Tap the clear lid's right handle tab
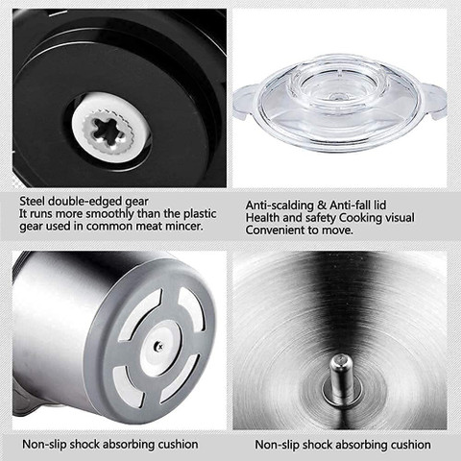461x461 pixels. coord(434,101)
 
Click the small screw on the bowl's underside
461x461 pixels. coord(158,345)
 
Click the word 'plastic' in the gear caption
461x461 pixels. coord(200,213)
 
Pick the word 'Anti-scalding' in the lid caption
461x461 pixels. coord(280,206)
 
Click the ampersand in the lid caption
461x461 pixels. coord(323,206)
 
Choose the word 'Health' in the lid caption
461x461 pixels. coord(262,218)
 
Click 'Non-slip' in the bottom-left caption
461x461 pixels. coord(44,445)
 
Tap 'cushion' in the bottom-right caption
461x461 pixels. coord(411,445)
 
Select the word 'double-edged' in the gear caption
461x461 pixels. coord(85,202)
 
